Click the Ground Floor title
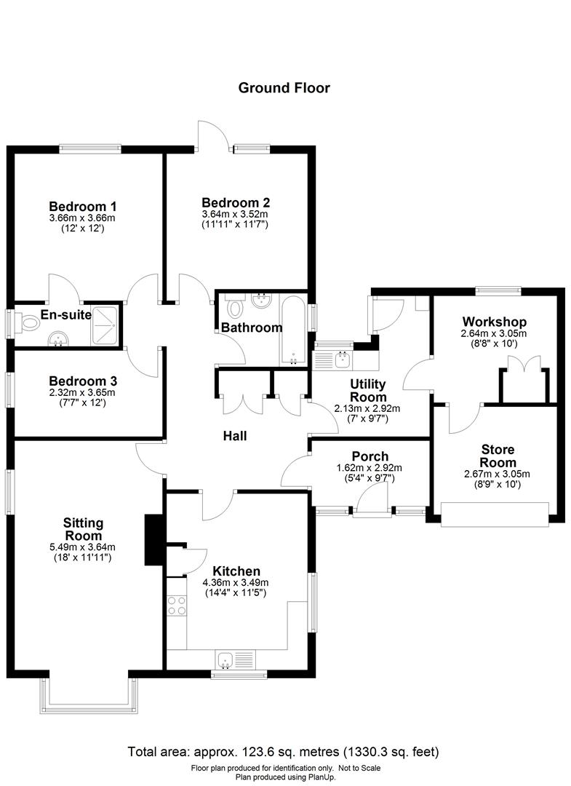[x=284, y=88]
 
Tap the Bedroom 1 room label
[x=82, y=206]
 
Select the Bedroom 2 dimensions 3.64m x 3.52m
[x=235, y=214]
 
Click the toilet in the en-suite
[x=31, y=322]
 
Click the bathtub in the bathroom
[x=295, y=331]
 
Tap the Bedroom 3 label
[x=82, y=381]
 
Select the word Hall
[x=235, y=436]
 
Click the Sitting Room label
[x=83, y=529]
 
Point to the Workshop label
[x=495, y=322]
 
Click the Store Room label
[x=498, y=456]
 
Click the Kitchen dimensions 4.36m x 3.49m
[x=236, y=582]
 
